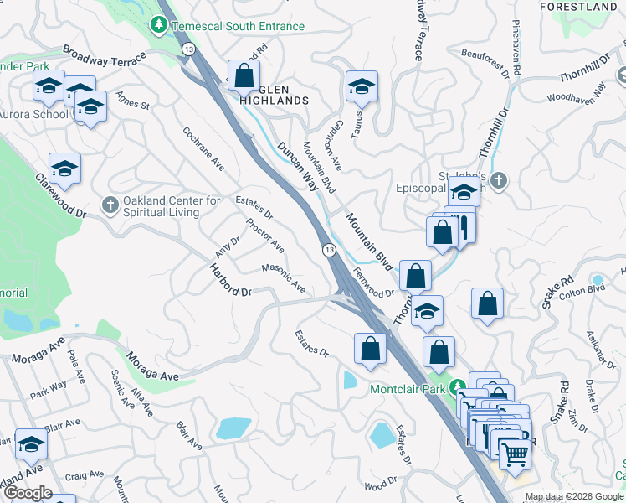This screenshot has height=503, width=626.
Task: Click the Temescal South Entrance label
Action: point(238,26)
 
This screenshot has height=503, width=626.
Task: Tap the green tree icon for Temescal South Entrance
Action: point(159,26)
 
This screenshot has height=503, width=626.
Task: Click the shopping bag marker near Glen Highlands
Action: point(243,75)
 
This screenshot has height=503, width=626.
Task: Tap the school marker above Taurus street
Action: point(362,86)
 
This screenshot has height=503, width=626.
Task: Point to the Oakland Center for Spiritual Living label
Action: point(171,206)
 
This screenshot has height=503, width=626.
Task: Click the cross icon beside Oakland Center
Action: point(110,205)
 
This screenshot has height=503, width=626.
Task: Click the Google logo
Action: point(28,493)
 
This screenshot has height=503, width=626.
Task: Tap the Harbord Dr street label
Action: point(229,280)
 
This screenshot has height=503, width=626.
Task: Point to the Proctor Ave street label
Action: point(265,236)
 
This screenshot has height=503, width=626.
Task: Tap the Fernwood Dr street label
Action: point(373,283)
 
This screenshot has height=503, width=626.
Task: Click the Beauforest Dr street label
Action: point(485,63)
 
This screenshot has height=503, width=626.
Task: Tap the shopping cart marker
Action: point(515,454)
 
